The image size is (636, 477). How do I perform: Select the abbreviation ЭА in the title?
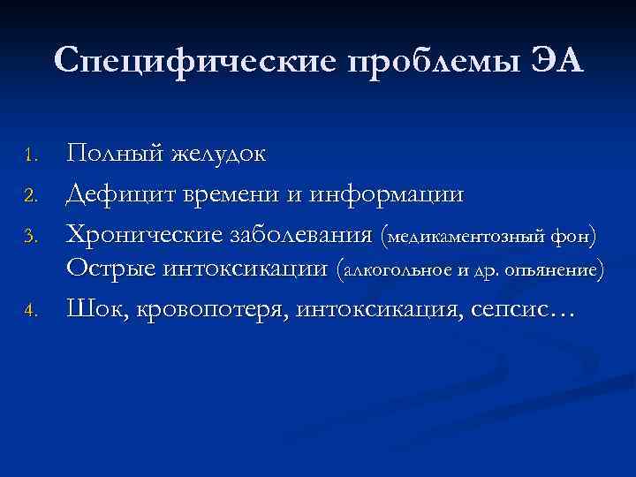pyautogui.click(x=556, y=61)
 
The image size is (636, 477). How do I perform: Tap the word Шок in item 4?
pyautogui.click(x=97, y=309)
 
